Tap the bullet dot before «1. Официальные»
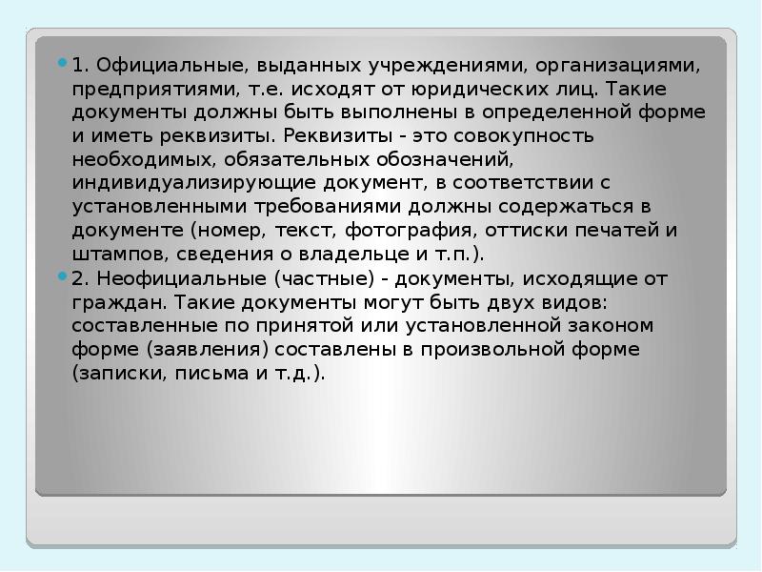(63, 67)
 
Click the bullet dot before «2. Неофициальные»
(63, 277)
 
